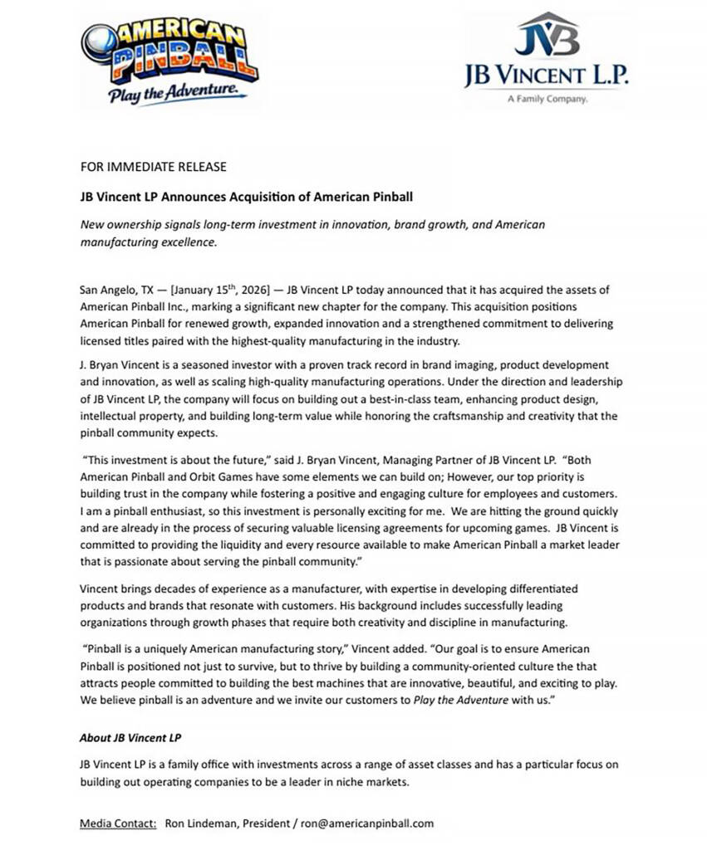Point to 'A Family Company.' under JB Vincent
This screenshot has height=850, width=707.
click(546, 99)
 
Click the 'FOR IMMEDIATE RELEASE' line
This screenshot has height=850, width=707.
click(153, 167)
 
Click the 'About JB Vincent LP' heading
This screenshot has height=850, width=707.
click(130, 737)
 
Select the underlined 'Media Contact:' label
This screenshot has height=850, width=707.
click(118, 823)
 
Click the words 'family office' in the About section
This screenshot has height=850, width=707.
click(209, 764)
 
